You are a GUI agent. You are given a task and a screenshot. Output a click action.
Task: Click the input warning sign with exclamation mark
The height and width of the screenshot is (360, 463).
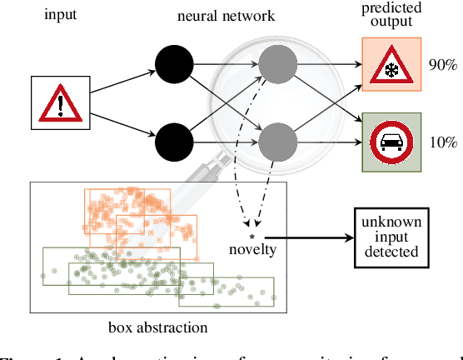[x=61, y=104]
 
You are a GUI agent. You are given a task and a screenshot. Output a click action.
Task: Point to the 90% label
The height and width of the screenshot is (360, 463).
[x=441, y=65]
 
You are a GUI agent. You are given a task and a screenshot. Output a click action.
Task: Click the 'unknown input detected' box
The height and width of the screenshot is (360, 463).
[x=391, y=237]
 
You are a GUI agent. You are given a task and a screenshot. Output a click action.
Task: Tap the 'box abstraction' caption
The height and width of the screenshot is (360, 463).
[x=157, y=327]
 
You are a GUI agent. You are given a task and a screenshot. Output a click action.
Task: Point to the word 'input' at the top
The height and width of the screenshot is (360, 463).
[x=61, y=15]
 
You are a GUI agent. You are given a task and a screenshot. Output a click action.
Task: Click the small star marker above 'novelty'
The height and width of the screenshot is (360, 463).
[x=252, y=236]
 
